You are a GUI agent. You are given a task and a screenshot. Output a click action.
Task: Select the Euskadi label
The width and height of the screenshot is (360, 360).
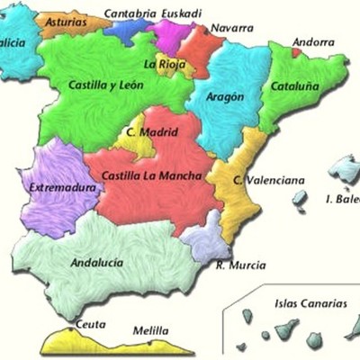184,13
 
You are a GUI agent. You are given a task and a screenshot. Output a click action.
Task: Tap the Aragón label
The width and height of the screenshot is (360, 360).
225,96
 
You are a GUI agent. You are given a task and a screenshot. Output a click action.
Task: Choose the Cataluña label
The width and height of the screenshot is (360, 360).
295,87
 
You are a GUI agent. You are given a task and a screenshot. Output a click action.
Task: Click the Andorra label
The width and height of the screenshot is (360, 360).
313,41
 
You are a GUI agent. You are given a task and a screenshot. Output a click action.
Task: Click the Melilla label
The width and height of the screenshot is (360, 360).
150,330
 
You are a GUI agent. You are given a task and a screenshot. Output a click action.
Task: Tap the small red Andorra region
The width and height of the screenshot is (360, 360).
296,52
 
